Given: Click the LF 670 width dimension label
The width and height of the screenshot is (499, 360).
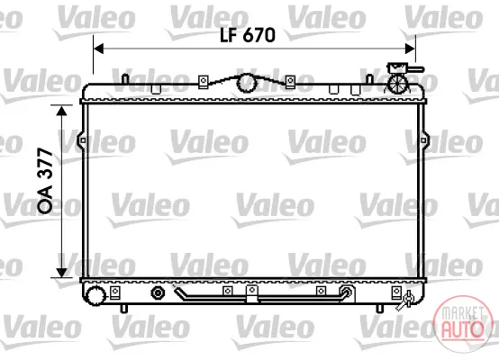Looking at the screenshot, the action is click(248, 35).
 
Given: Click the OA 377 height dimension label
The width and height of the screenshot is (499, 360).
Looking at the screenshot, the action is click(45, 180).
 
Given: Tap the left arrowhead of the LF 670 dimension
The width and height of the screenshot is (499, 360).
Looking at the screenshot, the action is click(99, 49).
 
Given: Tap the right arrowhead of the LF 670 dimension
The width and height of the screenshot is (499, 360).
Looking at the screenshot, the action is click(410, 49).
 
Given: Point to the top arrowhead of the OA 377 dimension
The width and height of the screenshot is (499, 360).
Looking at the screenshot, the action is click(61, 111).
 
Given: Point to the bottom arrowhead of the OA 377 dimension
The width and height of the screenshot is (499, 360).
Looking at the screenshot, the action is click(61, 272).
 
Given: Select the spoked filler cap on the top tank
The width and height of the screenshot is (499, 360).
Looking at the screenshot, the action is click(396, 84).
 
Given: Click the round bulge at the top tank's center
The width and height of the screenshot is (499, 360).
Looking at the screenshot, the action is click(247, 83).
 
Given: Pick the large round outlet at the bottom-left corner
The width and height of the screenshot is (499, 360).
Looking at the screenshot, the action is click(95, 295).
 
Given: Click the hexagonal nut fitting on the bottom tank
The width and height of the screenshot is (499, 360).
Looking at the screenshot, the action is click(158, 292).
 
